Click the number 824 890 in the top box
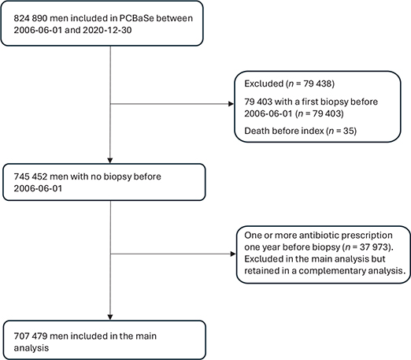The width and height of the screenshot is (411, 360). coord(31,18)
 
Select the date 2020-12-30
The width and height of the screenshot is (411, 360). coord(107,30)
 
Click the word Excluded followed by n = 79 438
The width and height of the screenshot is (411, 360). coord(264,84)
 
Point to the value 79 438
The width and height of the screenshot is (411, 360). coord(317,84)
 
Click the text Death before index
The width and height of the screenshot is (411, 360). coord(284,131)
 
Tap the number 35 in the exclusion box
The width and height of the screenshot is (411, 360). coord(349,131)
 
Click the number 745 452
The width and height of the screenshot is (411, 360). coord(31,176)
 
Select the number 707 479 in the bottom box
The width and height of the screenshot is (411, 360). coord(31,336)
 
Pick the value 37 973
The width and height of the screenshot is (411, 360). coord(373,247)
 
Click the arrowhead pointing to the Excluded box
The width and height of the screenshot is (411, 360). coord(231,104)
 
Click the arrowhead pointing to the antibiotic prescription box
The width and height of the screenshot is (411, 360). coord(233,254)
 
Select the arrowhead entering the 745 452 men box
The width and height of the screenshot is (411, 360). coord(110,161)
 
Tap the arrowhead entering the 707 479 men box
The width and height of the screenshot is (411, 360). coord(110,317)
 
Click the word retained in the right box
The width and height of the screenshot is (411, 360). coord(261,271)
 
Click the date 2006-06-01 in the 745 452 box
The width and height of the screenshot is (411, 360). coord(38,188)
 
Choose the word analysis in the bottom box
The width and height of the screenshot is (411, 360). coord(31,348)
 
